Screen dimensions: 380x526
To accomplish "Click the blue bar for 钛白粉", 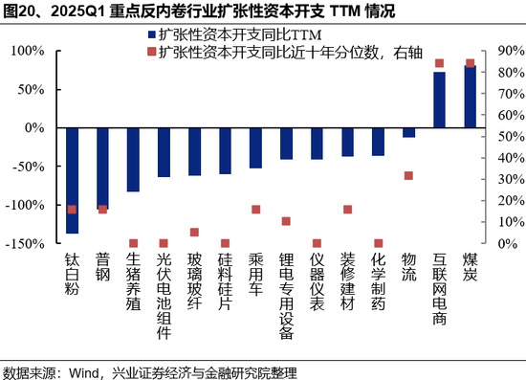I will tap(72, 180).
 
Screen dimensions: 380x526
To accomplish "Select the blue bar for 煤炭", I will tap(471, 96).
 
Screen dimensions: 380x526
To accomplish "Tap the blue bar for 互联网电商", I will tap(440, 100).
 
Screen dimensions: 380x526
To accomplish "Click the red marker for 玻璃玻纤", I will tap(194, 232).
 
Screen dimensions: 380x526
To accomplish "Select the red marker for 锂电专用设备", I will tap(286, 221).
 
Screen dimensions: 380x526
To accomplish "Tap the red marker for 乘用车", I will tap(255, 210).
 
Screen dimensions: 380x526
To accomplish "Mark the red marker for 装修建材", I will tap(348, 210).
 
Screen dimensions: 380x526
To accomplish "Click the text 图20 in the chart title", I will tap(20, 11).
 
